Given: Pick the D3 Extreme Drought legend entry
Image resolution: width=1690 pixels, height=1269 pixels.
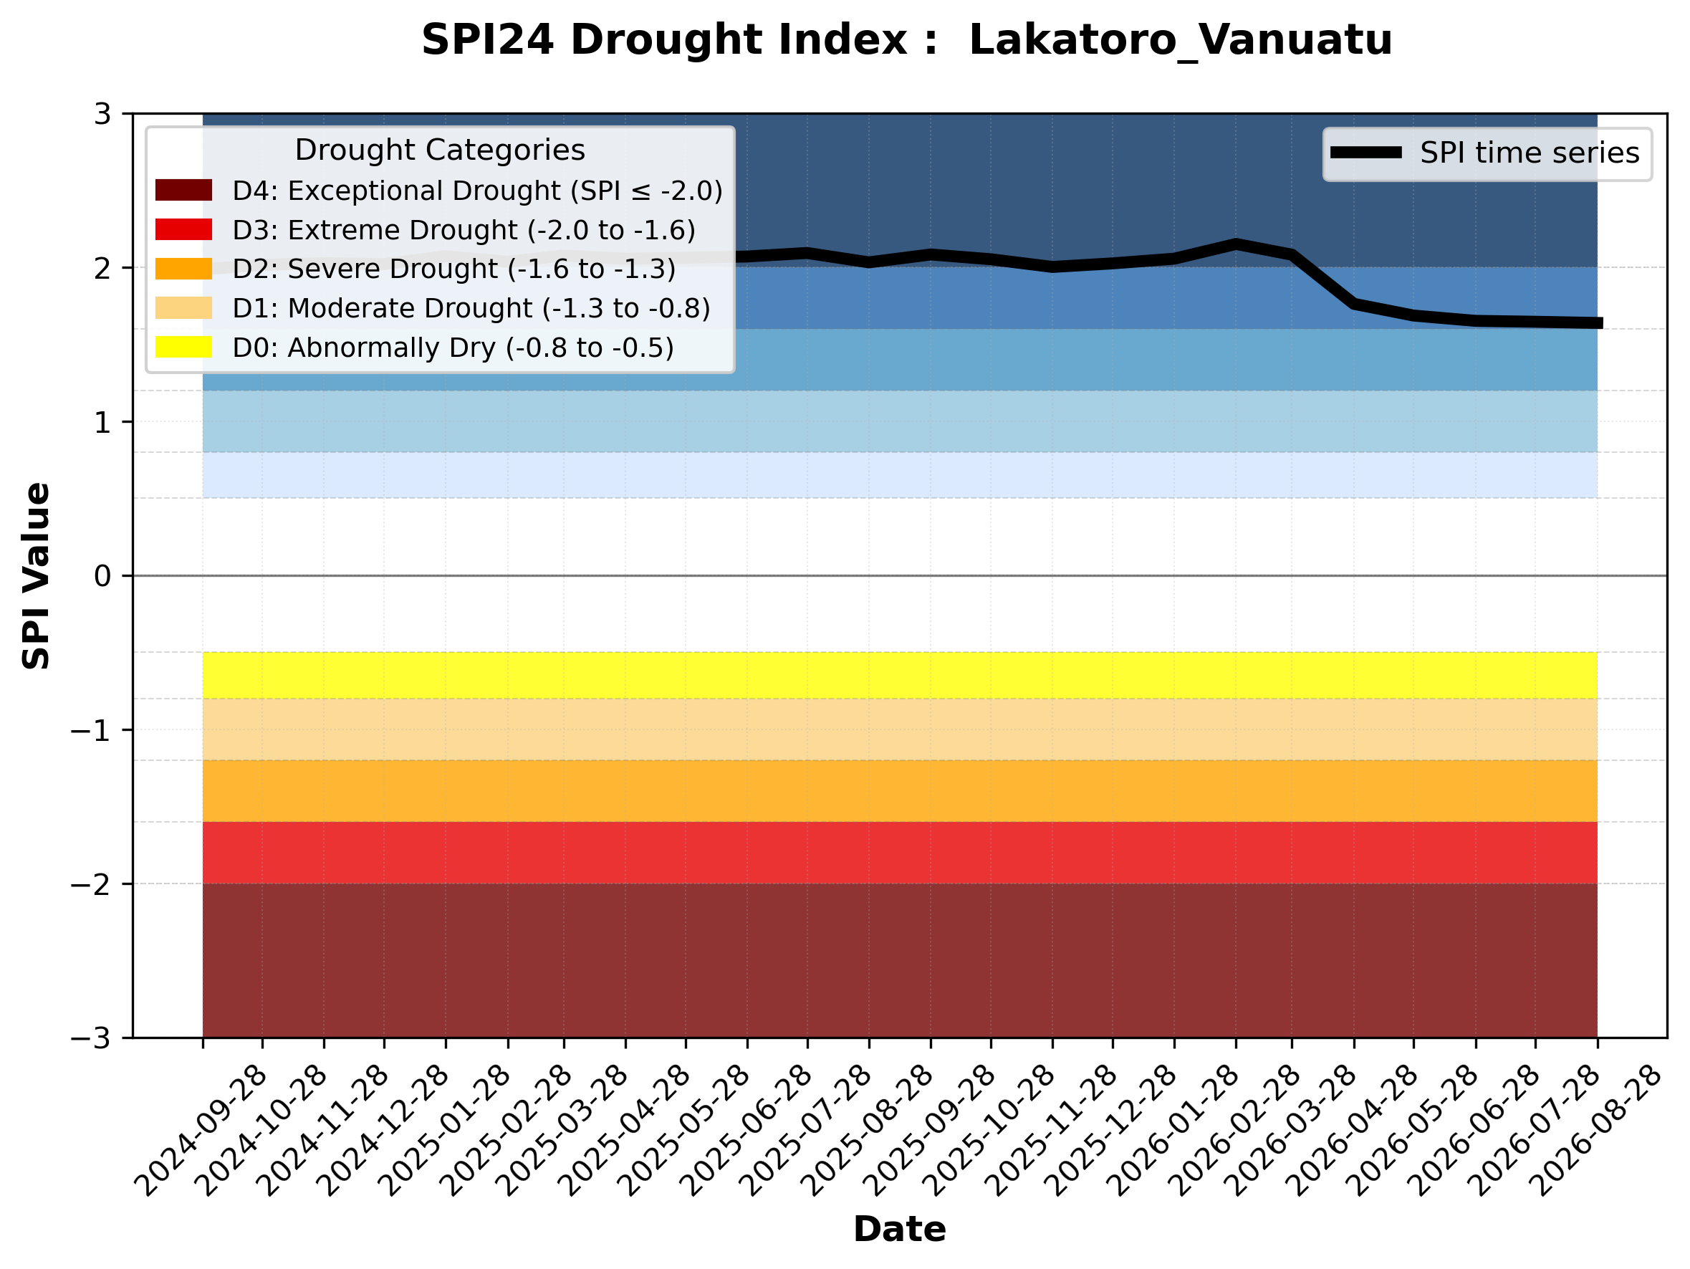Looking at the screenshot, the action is (425, 230).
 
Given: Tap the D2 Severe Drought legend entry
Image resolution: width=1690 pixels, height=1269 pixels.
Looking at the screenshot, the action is (416, 269).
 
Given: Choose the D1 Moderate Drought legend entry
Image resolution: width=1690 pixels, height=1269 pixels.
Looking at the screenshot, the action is (433, 309).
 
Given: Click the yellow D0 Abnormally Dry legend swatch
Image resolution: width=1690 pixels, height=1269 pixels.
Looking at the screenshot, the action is (183, 347).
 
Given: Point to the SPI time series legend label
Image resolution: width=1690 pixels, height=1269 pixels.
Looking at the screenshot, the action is (1530, 153).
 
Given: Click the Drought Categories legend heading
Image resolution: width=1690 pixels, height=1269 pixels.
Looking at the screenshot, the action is (440, 150).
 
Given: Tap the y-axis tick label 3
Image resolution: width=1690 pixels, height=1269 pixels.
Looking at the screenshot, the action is (102, 115).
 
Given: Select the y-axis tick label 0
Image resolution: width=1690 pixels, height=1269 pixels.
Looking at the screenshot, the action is (102, 576).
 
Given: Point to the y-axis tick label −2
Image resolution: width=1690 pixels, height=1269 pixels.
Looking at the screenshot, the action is (91, 885).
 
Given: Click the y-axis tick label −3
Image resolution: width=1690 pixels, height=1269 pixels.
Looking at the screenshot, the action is (91, 1039).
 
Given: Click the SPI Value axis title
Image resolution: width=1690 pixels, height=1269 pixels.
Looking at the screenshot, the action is (37, 576).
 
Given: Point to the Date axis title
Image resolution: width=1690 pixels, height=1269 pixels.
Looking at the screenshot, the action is (900, 1230).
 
